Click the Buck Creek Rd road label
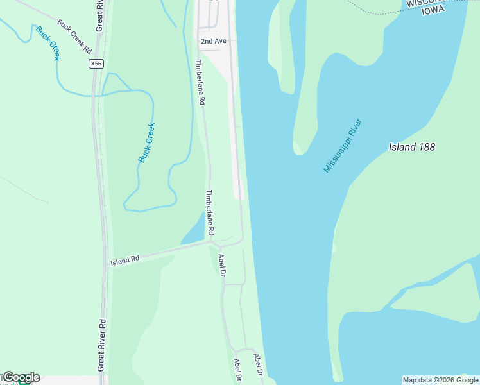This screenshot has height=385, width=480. tap(75, 36)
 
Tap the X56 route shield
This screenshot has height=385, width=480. tap(96, 64)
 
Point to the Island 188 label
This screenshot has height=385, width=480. tap(412, 147)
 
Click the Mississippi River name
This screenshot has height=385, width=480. tap(343, 146)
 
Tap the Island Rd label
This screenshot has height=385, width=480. tap(124, 261)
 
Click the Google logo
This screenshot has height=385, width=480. tap(21, 377)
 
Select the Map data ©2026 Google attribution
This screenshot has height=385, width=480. tap(440, 380)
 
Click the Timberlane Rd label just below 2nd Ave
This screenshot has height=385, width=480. tap(200, 83)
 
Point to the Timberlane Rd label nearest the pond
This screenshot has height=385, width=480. tap(209, 212)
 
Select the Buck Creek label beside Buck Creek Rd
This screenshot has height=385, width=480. tap(48, 43)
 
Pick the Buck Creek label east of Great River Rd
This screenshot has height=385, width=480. tap(147, 142)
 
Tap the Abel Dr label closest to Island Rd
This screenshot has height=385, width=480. tap(222, 265)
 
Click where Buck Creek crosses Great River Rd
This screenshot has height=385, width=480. tap(95, 95)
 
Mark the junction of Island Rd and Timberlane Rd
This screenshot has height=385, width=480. tap(211, 242)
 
